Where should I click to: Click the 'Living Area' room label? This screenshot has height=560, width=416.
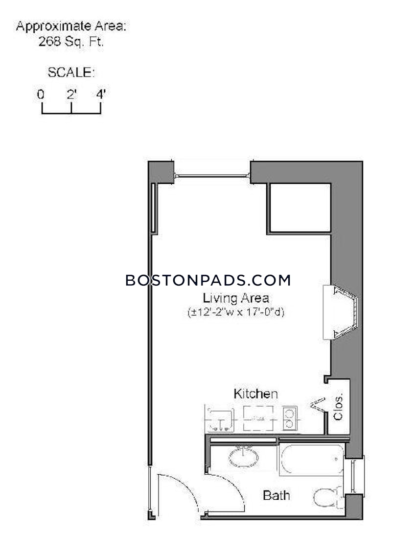pos(236,297)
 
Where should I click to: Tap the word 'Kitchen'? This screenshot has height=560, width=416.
pos(255,393)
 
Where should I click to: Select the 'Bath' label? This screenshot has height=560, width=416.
pos(276,495)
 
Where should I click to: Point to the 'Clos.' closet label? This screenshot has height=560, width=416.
pos(339,407)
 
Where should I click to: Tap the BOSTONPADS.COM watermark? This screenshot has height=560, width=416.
pos(208,280)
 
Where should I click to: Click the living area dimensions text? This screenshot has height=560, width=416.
pos(236,312)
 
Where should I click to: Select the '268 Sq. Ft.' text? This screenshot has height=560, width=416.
pos(71,42)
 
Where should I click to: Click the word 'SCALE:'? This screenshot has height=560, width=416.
pos(71,73)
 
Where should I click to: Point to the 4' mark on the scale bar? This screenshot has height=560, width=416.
pos(101,95)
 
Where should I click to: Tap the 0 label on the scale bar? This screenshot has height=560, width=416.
pos(41,95)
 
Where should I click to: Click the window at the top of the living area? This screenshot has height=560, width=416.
pos(212,175)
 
